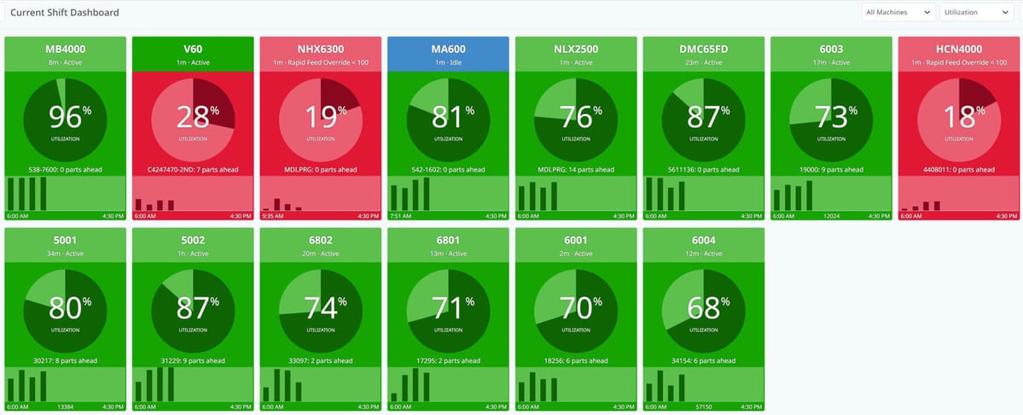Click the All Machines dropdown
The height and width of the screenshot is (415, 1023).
coord(898,12)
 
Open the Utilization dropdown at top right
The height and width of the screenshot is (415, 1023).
coord(975,12)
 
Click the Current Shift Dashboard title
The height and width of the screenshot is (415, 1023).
coord(65,13)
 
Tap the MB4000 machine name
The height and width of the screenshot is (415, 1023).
coord(65,49)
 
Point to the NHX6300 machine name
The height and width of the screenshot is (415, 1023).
coord(320,49)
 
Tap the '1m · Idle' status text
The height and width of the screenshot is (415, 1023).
coord(448,62)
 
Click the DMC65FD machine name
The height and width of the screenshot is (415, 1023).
coord(703,49)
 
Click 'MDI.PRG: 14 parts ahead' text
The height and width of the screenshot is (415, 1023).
coord(576,170)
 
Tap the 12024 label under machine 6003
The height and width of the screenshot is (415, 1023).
coord(831,216)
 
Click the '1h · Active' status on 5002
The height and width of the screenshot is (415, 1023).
coord(193,254)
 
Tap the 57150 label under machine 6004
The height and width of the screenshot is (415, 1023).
coord(703,407)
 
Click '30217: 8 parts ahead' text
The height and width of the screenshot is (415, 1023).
coord(65,361)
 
